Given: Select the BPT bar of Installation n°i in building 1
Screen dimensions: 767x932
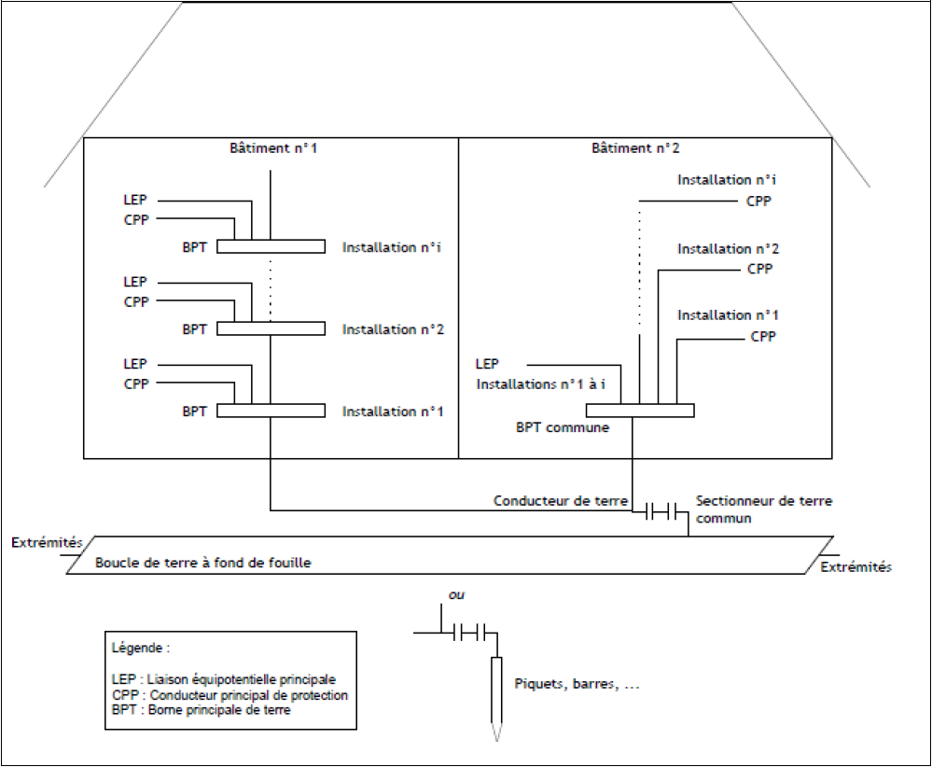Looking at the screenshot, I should point(271,247).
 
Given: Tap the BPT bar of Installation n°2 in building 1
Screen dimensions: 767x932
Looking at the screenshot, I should point(271,328).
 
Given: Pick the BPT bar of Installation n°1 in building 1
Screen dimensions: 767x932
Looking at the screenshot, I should point(271,411).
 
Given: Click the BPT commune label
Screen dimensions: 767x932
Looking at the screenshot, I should point(563,428).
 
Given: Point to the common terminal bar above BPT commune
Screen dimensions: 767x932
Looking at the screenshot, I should point(640,411).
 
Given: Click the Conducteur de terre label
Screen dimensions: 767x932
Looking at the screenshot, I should point(560,501).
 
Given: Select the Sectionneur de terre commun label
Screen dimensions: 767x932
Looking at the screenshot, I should point(763,509).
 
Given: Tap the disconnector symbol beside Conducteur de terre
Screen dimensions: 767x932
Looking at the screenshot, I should point(661,510).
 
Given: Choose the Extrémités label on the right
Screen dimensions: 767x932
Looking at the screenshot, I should point(855,566).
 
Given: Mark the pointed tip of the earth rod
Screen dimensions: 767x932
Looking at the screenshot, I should point(496,736).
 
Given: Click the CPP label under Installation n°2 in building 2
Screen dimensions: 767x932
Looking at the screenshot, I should point(759,270).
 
